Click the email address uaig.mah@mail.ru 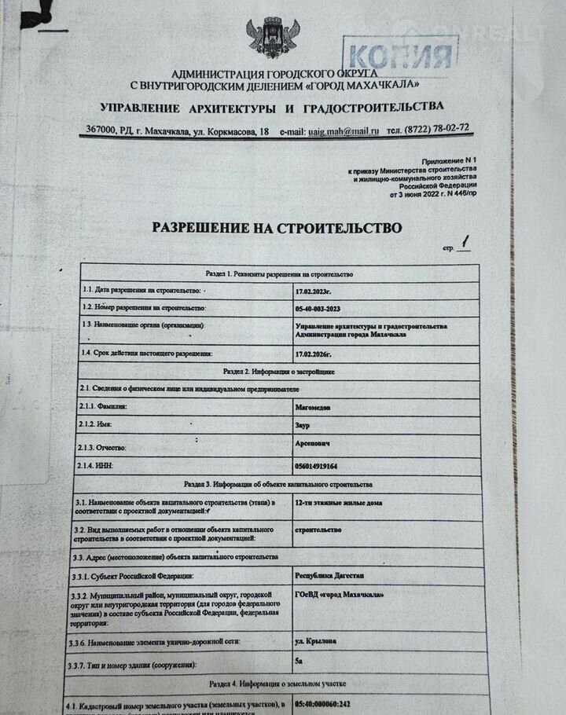point(344,131)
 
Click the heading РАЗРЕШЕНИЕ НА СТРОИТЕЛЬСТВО point(277,228)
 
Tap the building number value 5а point(298,662)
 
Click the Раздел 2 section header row point(279,370)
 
